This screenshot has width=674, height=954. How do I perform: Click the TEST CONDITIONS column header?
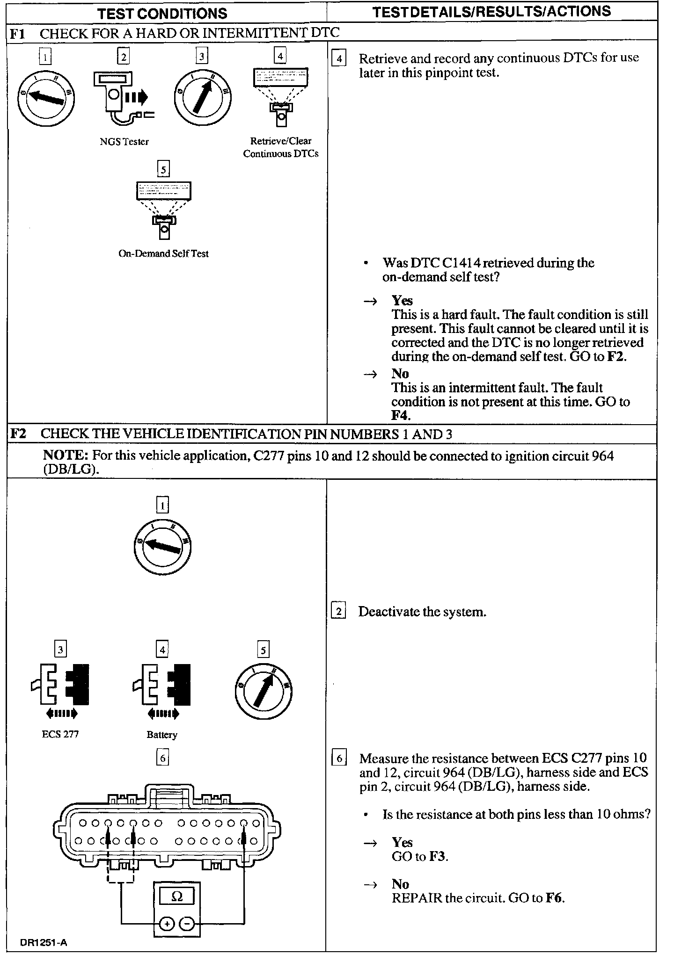[x=163, y=13]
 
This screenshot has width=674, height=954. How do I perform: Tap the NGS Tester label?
[x=124, y=141]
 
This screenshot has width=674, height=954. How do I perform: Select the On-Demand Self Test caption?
[x=163, y=254]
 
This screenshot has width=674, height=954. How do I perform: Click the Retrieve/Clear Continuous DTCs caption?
[x=280, y=147]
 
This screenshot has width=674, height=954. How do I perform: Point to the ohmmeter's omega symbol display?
[x=177, y=896]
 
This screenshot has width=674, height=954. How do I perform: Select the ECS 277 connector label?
[x=60, y=734]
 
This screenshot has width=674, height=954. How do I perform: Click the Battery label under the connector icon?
[x=162, y=734]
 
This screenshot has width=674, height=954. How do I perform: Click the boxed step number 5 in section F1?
[x=163, y=169]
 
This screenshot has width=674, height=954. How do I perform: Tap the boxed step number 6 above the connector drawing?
[x=162, y=758]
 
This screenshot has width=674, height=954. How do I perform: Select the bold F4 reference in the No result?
[x=400, y=415]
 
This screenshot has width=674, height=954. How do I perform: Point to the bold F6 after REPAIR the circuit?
[x=555, y=898]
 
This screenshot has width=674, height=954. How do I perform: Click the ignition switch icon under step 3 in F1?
[x=203, y=98]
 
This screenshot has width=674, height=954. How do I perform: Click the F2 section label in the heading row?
[x=19, y=434]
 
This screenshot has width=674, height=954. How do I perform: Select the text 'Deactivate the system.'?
[x=422, y=612]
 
